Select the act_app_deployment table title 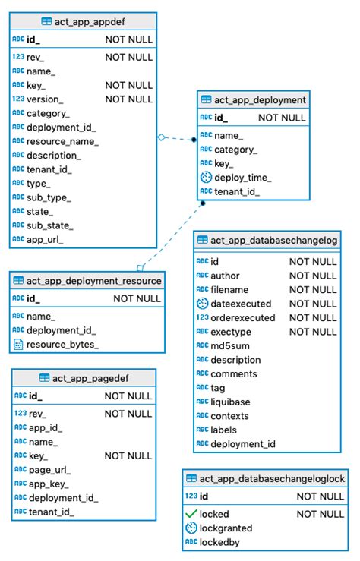pos(260,100)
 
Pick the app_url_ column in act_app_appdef pos(45,239)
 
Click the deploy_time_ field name pos(243,178)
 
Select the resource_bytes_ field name pos(63,344)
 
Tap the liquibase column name pos(232,402)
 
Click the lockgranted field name pos(226,528)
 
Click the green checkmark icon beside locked pos(191,514)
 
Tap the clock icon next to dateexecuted pos(202,304)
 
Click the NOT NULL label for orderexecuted pos(313,317)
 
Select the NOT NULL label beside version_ pos(128,99)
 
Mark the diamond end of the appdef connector pos(161,137)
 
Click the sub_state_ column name pos(49,225)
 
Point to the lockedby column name pos(220,542)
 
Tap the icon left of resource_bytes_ pos(18,344)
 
